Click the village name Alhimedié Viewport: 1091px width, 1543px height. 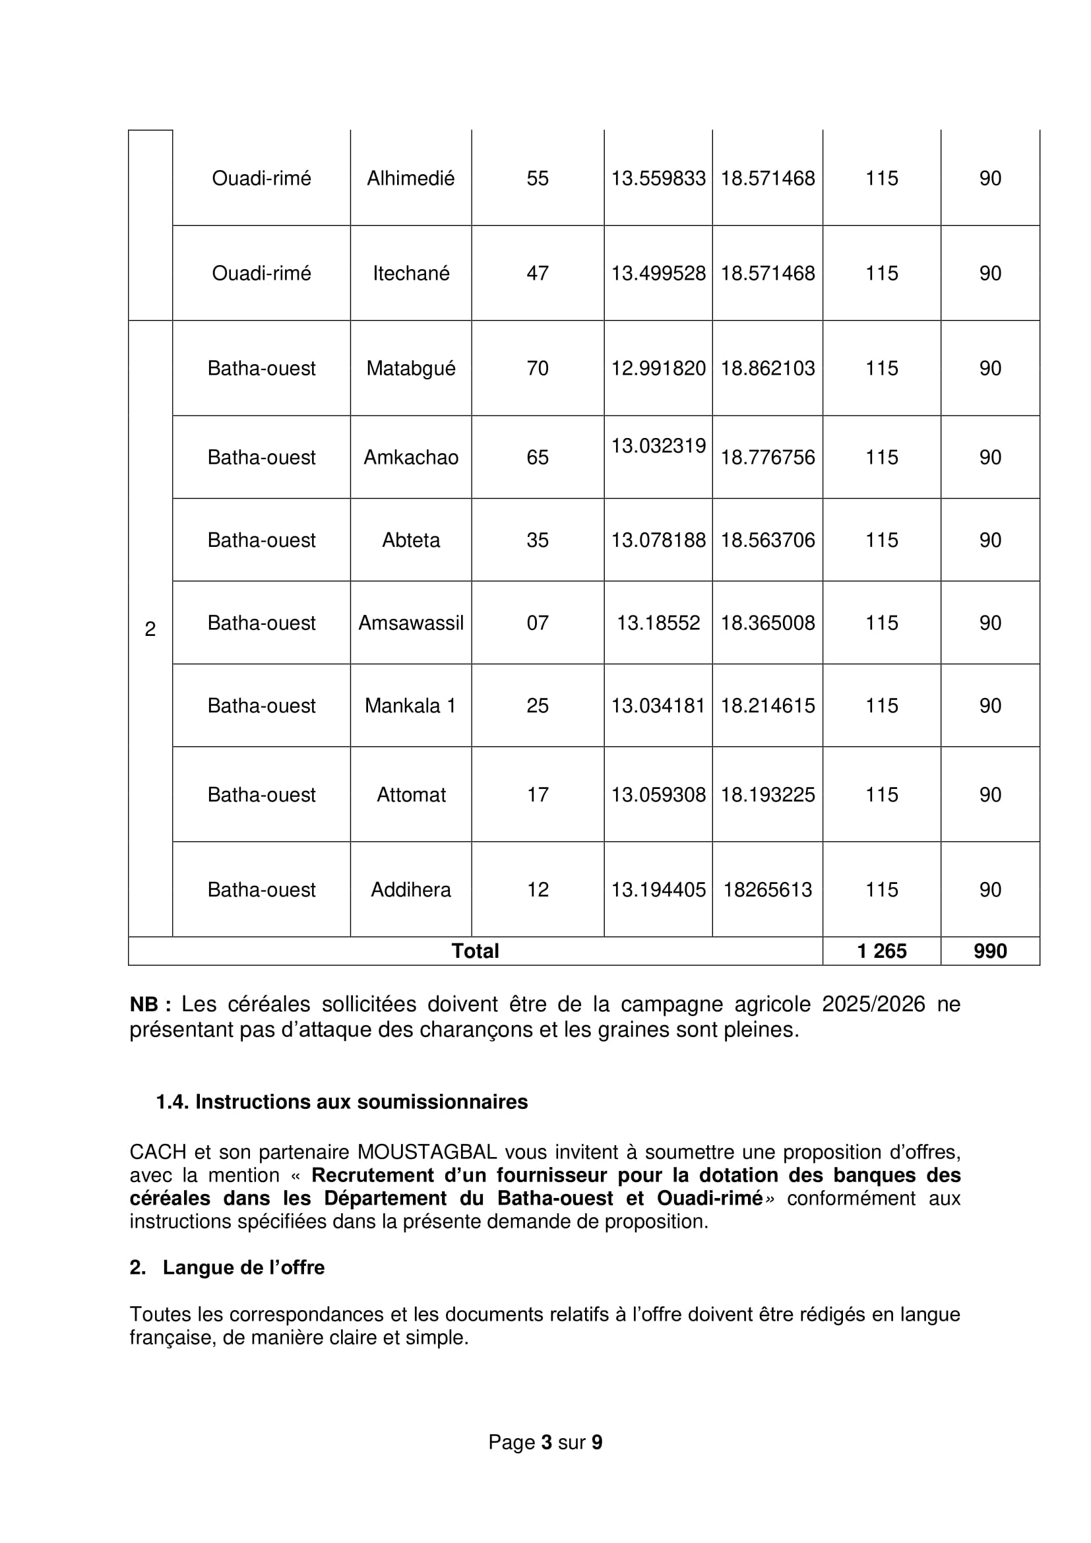pyautogui.click(x=410, y=178)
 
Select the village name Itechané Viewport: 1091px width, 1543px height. pyautogui.click(x=410, y=273)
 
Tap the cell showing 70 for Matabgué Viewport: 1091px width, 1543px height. pyautogui.click(x=538, y=368)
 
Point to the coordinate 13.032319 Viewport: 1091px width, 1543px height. pyautogui.click(x=658, y=445)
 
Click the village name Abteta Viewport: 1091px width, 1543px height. pyautogui.click(x=410, y=540)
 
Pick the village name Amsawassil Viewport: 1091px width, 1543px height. pyautogui.click(x=410, y=623)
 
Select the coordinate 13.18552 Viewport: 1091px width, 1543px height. pyautogui.click(x=658, y=623)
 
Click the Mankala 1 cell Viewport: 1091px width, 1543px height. pyautogui.click(x=410, y=706)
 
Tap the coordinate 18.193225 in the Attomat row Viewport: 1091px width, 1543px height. pyautogui.click(x=767, y=794)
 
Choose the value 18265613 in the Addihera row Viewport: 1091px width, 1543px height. pyautogui.click(x=767, y=890)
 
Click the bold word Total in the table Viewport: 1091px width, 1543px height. pyautogui.click(x=475, y=951)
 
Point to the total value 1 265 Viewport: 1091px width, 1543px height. pyautogui.click(x=881, y=951)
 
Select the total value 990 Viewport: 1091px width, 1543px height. pyautogui.click(x=990, y=951)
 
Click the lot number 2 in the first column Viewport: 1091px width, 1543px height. pyautogui.click(x=150, y=629)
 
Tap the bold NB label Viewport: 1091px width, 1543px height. pyautogui.click(x=150, y=1005)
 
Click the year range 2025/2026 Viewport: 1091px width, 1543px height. pyautogui.click(x=873, y=1004)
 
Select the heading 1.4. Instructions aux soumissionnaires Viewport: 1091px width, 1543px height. pyautogui.click(x=342, y=1102)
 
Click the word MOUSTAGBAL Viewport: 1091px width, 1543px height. pyautogui.click(x=427, y=1152)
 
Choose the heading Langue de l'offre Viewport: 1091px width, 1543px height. pyautogui.click(x=243, y=1267)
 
